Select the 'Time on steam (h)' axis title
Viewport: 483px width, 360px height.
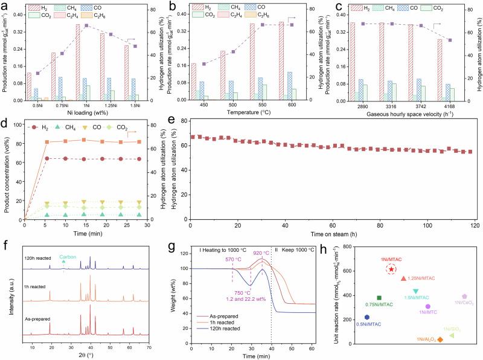[325, 232]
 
